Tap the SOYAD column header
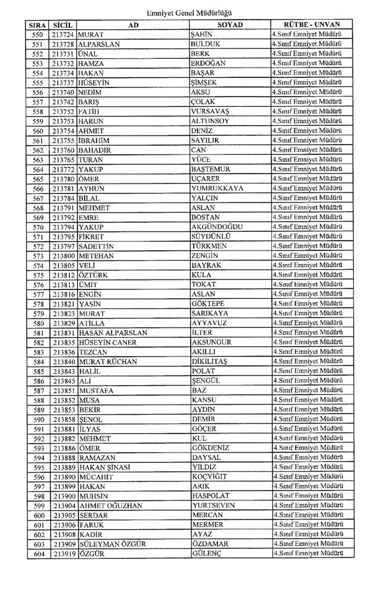(x=230, y=24)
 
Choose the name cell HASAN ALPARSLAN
(x=113, y=332)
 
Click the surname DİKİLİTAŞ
(x=214, y=361)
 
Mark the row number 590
(x=38, y=419)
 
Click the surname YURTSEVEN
(x=215, y=505)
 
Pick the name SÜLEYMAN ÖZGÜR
(x=113, y=544)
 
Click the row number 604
(x=38, y=553)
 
